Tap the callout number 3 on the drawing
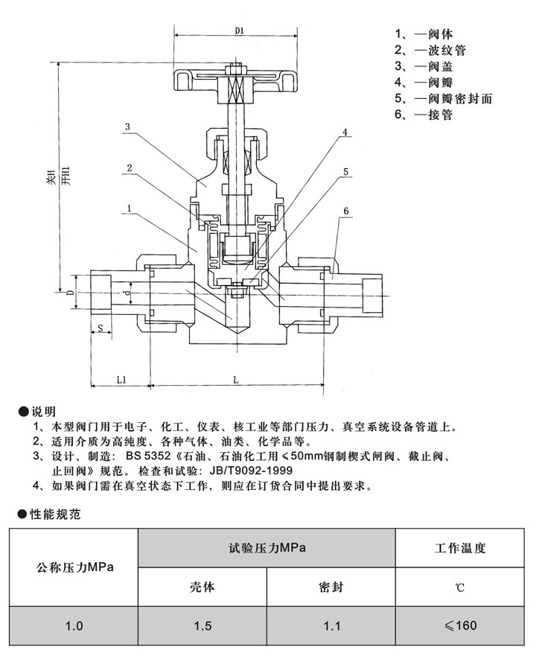[127, 127]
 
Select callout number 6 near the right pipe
[345, 212]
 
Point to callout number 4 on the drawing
[345, 133]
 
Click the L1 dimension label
[121, 379]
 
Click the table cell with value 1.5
[202, 626]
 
